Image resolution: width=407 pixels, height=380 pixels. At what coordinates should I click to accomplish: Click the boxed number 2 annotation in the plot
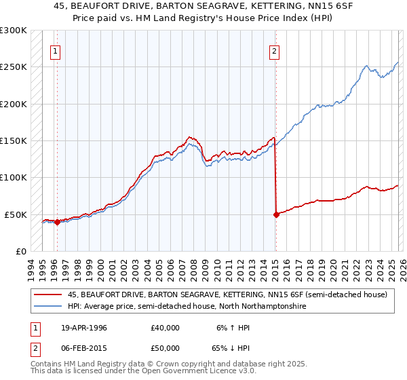(275, 50)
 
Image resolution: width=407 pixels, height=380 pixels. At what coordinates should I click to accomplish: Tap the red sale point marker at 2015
(276, 214)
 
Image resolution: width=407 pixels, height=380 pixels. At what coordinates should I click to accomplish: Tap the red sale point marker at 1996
(57, 222)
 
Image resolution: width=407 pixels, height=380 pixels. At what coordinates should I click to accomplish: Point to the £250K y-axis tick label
(14, 67)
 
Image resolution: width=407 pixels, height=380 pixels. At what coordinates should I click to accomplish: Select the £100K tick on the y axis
(14, 178)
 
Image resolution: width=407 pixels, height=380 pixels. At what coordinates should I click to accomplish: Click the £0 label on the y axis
(20, 251)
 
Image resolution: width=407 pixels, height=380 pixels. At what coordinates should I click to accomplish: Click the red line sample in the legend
(47, 294)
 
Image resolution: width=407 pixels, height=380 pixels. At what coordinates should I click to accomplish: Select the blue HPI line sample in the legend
(47, 307)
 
